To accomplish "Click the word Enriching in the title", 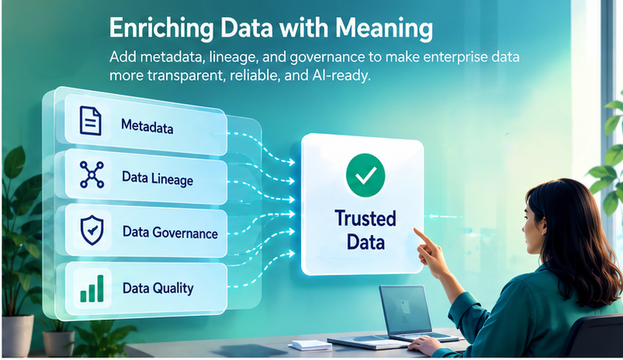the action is tap(161, 29).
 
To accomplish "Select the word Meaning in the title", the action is tap(384, 29).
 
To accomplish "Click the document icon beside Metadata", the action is tap(90, 121).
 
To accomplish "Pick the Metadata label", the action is tap(147, 127).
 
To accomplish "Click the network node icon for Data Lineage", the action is tap(92, 175).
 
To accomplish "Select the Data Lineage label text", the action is tap(157, 178).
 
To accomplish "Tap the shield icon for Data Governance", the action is tap(92, 230).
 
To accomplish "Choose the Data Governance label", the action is tap(170, 233).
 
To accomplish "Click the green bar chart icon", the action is tap(92, 288).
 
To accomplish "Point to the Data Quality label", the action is tap(158, 288).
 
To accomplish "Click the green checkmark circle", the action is tap(365, 175).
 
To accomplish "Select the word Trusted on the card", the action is tap(365, 218).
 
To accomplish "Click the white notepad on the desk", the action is tap(310, 345).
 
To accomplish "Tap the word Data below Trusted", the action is tap(365, 243).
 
